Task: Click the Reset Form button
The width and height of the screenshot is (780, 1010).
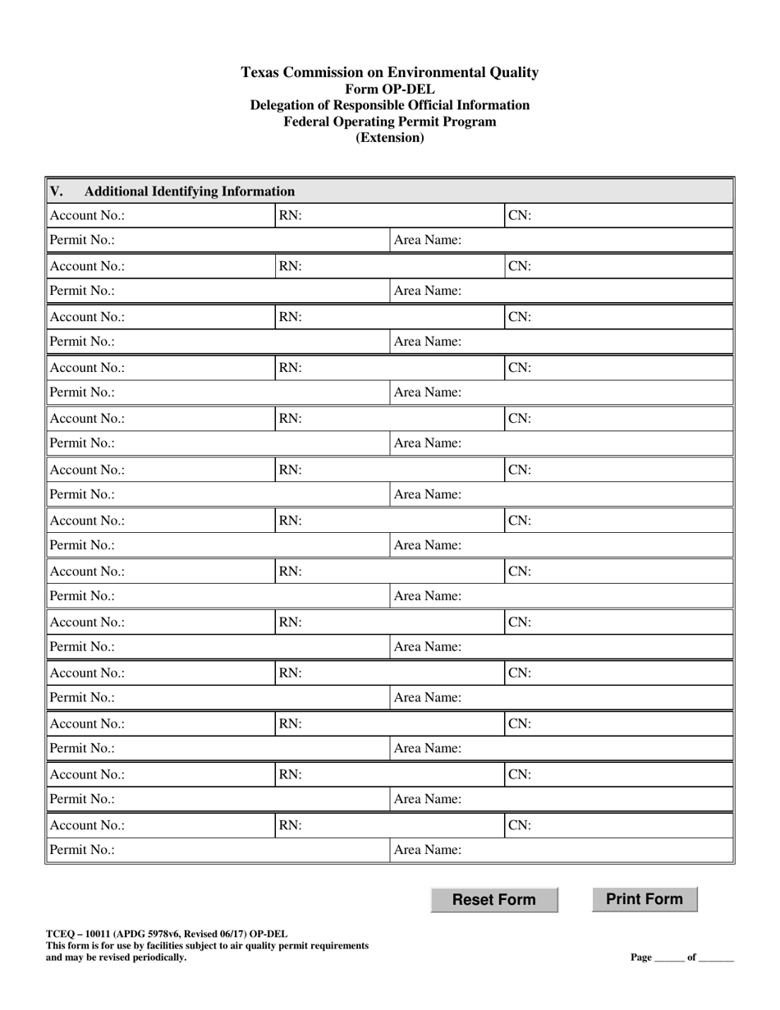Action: pos(494,899)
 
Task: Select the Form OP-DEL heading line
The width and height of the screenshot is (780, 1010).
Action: pos(390,89)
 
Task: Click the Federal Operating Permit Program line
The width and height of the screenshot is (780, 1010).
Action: pos(390,122)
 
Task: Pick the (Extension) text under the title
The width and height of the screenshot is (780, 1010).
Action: pos(390,138)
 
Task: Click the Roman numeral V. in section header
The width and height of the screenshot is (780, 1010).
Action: pos(57,191)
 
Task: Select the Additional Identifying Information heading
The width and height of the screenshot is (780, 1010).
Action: pos(190,191)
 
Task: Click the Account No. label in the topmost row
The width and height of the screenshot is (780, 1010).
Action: pos(87,216)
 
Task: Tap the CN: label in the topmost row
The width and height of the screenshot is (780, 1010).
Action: pos(520,216)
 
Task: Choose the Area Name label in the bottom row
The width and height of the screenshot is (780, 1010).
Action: pos(428,851)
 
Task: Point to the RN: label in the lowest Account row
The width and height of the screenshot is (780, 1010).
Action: pos(291,825)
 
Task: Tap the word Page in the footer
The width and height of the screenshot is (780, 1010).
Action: pos(641,957)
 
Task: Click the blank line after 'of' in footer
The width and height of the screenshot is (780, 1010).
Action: pos(717,958)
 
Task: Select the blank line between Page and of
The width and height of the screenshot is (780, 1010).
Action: pos(669,958)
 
